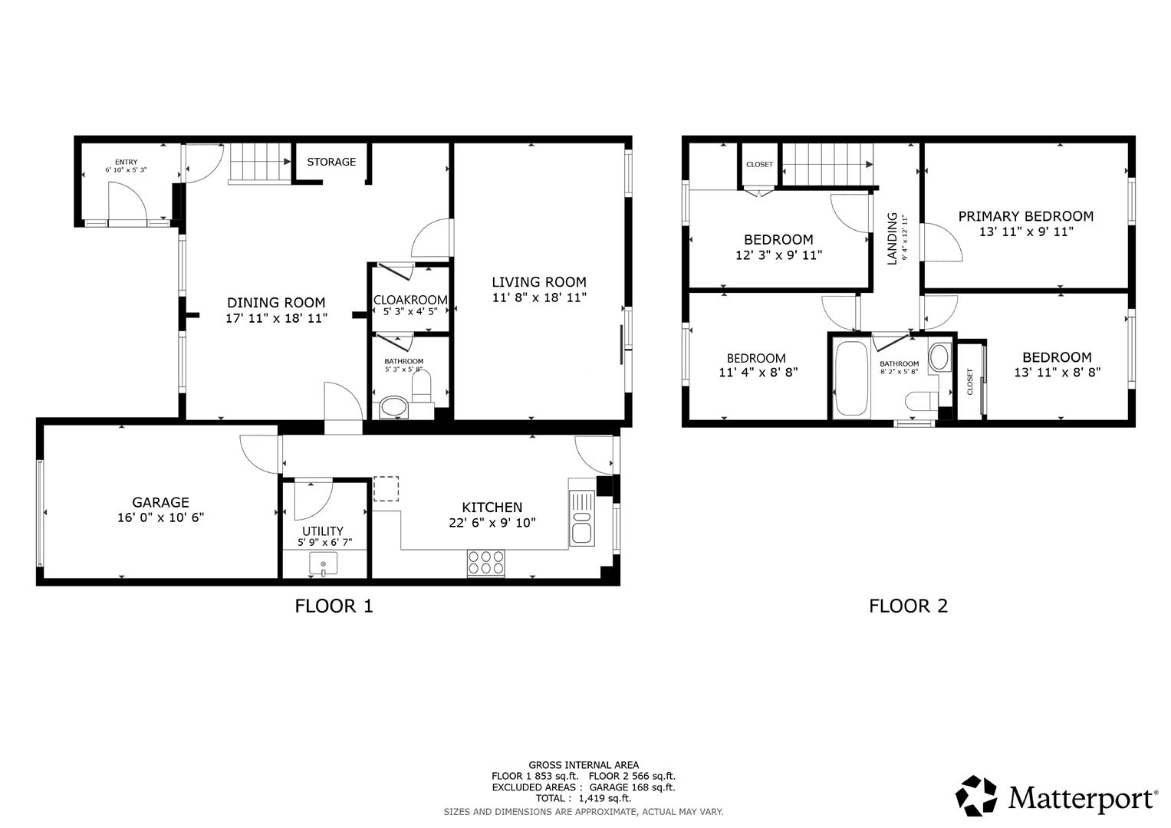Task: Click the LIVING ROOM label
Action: pyautogui.click(x=538, y=282)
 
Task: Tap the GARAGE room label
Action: pyautogui.click(x=160, y=502)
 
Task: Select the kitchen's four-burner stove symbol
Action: pyautogui.click(x=486, y=563)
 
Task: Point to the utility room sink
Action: pyautogui.click(x=324, y=564)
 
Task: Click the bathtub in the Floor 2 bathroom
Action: pyautogui.click(x=850, y=379)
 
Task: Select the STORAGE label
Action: pyautogui.click(x=331, y=162)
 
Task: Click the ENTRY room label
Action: pyautogui.click(x=127, y=162)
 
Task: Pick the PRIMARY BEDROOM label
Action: pyautogui.click(x=1025, y=216)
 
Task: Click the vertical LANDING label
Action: pyautogui.click(x=892, y=238)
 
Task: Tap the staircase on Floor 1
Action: pyautogui.click(x=258, y=163)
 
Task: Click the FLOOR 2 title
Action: pyautogui.click(x=908, y=606)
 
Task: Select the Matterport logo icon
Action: pyautogui.click(x=976, y=796)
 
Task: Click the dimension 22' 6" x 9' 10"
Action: pyautogui.click(x=492, y=523)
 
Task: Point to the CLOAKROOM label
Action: pyautogui.click(x=410, y=300)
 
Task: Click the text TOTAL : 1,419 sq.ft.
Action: pyautogui.click(x=583, y=798)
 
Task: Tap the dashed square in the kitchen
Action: pyautogui.click(x=386, y=488)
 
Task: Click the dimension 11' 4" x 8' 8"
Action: pyautogui.click(x=758, y=373)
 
